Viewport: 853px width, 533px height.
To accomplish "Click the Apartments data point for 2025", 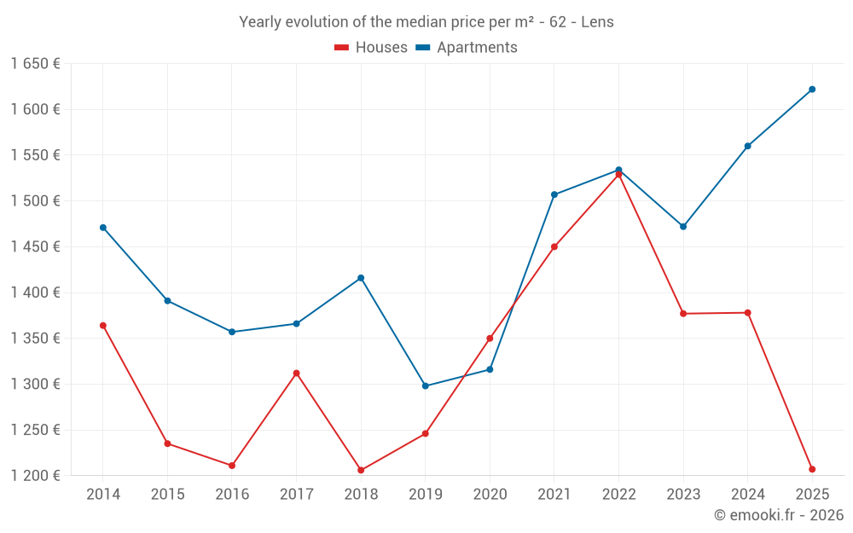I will coord(812,89).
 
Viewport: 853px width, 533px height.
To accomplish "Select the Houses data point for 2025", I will coord(812,469).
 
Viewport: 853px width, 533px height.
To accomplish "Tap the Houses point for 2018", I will coord(361,470).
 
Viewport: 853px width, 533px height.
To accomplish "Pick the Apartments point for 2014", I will coord(103,228).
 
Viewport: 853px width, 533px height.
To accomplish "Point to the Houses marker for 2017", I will coord(296,373).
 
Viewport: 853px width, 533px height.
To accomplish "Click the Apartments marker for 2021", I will coord(554,194).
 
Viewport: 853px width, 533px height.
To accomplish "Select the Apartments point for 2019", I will coord(426,385).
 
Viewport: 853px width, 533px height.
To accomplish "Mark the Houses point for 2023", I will coord(683,314).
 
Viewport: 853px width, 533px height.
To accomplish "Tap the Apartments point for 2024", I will coord(748,146).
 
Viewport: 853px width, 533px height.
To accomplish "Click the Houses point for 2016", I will coord(232,466).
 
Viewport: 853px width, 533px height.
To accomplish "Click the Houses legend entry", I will coord(371,48).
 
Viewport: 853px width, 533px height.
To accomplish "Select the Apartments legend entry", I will coord(467,48).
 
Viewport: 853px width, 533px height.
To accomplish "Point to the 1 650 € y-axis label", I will coord(35,63).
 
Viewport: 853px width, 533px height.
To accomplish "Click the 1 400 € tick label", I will coord(35,293).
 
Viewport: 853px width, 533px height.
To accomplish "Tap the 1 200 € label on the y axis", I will coord(35,475).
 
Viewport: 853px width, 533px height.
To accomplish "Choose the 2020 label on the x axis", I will coord(490,494).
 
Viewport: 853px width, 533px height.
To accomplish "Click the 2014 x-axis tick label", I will coord(103,494).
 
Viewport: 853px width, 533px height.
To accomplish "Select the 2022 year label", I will coord(618,494).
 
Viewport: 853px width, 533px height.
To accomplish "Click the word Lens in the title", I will coord(597,22).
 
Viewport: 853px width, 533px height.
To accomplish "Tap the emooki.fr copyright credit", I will coord(779,515).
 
